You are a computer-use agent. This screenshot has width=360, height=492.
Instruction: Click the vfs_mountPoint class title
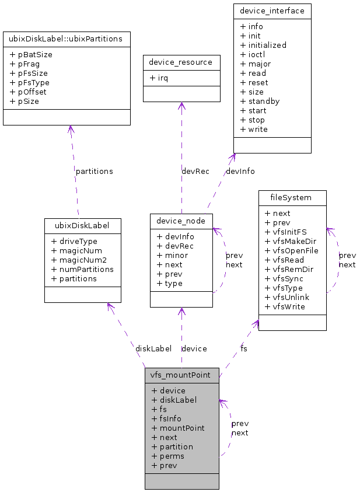[x=181, y=375]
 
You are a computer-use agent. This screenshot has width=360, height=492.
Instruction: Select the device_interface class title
[x=272, y=11]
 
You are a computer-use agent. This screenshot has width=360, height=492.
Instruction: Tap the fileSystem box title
[x=292, y=198]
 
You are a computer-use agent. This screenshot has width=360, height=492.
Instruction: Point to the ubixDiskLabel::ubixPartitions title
[x=67, y=39]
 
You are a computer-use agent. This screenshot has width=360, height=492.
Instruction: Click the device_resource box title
[x=181, y=62]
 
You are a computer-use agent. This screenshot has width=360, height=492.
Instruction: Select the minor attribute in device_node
[x=172, y=255]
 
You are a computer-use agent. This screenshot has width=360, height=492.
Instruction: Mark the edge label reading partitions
[x=94, y=171]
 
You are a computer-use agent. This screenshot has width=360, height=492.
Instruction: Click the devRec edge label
[x=195, y=171]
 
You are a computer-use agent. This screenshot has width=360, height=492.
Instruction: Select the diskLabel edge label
[x=153, y=348]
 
